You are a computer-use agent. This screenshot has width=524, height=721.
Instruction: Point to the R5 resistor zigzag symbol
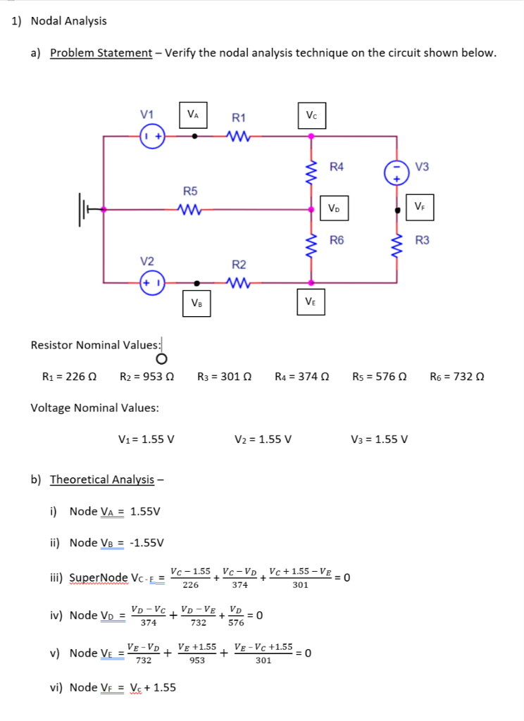pyautogui.click(x=190, y=209)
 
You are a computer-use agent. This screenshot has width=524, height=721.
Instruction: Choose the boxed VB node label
pyautogui.click(x=197, y=303)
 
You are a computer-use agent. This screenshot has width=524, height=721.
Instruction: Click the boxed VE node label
pyautogui.click(x=311, y=301)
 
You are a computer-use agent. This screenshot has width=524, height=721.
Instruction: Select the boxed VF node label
pyautogui.click(x=420, y=206)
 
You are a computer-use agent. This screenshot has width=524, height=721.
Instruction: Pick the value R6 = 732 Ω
pyautogui.click(x=457, y=376)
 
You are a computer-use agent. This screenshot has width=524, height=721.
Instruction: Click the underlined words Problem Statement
pyautogui.click(x=101, y=54)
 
